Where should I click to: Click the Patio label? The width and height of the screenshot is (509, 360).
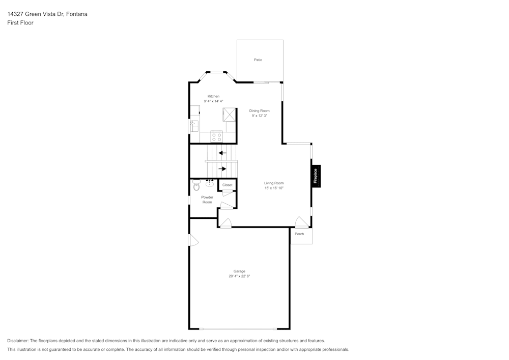coord(258,60)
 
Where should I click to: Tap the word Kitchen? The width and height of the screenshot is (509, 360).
coord(213,96)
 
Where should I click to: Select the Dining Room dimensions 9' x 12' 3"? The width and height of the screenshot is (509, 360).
coord(259,116)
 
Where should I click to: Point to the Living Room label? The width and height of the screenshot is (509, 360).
coord(273,183)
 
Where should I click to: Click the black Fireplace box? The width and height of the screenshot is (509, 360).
coord(316,176)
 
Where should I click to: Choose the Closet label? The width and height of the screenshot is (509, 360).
coord(227,185)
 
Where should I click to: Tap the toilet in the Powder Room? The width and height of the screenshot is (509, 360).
coord(196,186)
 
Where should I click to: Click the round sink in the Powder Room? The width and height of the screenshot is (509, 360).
coord(210,184)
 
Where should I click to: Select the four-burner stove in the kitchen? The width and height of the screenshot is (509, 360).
coord(216,136)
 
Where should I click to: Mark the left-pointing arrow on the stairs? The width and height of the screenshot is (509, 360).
coord(222,152)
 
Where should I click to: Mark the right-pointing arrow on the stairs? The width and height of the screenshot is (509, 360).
coord(222,169)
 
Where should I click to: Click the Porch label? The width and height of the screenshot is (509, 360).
coord(299,234)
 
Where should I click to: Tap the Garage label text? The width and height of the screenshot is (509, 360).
coord(239,271)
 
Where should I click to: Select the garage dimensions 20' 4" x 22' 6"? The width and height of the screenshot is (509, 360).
coord(239,276)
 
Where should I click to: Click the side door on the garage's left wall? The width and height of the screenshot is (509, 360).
coord(192,240)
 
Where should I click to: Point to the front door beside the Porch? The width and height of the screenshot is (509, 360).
coord(301,222)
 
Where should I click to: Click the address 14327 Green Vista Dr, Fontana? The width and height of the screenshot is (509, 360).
coord(47,14)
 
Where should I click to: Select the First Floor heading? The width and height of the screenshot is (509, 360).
coord(20,23)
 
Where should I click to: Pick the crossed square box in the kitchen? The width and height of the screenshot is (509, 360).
coord(229,115)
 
